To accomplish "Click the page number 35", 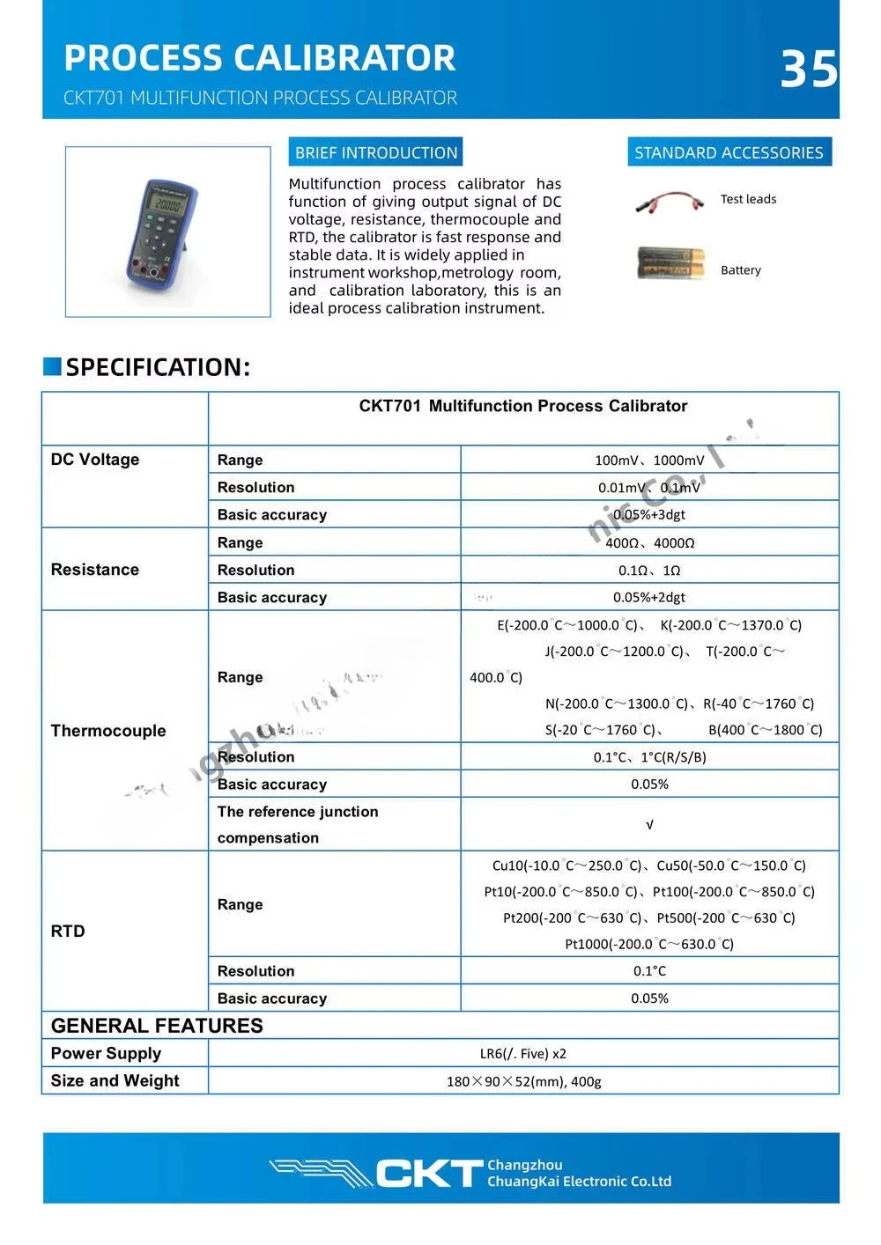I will pyautogui.click(x=808, y=69).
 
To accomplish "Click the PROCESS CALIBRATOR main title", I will pyautogui.click(x=260, y=58).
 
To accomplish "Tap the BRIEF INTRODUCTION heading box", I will pyautogui.click(x=376, y=152).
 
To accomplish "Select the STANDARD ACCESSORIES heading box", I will pyautogui.click(x=729, y=152).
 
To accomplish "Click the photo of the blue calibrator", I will pyautogui.click(x=167, y=231).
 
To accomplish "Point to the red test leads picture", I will pyautogui.click(x=670, y=202).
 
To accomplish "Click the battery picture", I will pyautogui.click(x=671, y=262).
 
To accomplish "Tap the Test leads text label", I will pyautogui.click(x=748, y=199).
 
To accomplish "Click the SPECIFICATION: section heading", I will pyautogui.click(x=158, y=367).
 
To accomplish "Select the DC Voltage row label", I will pyautogui.click(x=95, y=460).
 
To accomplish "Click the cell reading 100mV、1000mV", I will pyautogui.click(x=649, y=460).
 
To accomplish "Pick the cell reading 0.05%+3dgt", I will pyautogui.click(x=649, y=514).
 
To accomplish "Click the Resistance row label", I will pyautogui.click(x=95, y=570).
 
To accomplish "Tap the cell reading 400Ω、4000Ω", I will pyautogui.click(x=649, y=542).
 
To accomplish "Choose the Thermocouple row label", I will pyautogui.click(x=108, y=731).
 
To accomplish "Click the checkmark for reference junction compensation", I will pyautogui.click(x=649, y=825).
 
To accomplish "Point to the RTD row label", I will pyautogui.click(x=68, y=932).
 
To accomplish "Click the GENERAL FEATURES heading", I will pyautogui.click(x=157, y=1026).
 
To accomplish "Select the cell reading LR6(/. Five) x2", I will pyautogui.click(x=523, y=1054).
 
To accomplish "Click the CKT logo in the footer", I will pyautogui.click(x=429, y=1173).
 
